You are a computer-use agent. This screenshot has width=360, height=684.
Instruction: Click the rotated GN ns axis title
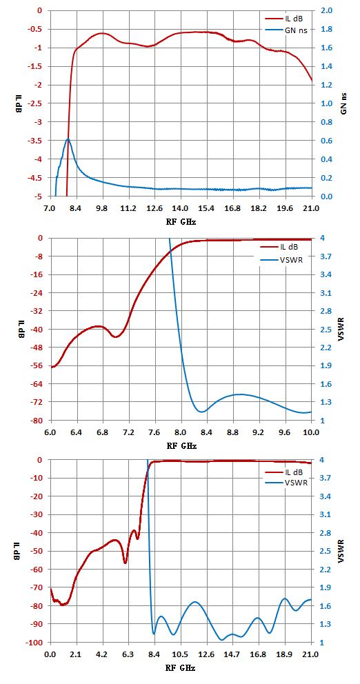click(343, 104)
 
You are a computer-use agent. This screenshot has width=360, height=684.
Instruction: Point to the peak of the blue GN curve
click(68, 139)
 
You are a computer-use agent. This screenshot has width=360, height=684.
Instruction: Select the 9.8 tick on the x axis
click(103, 209)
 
